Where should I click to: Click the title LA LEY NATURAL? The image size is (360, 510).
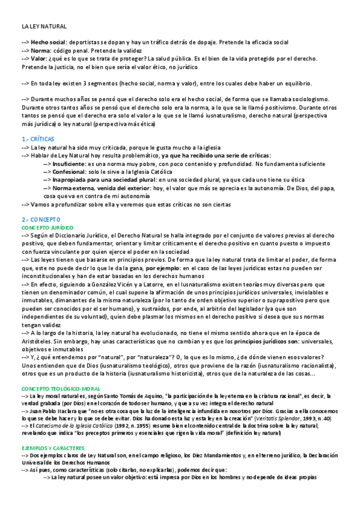click(44, 27)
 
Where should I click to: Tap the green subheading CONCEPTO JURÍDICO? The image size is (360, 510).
click(47, 228)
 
